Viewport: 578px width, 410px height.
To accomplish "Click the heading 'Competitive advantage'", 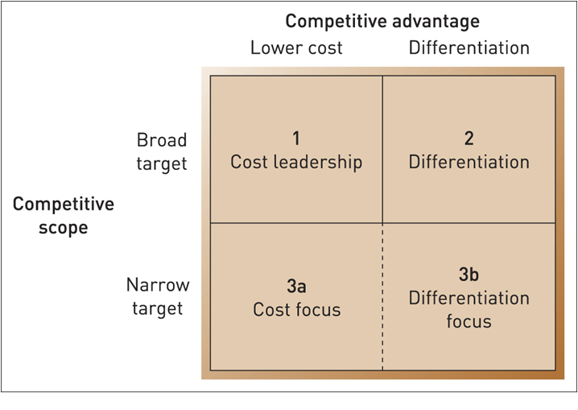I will pos(382,21).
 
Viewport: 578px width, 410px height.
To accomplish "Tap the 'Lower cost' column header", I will pos(296,48).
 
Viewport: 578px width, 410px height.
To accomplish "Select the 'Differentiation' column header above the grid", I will pos(469,48).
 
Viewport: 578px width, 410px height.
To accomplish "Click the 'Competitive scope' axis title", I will pos(64,216).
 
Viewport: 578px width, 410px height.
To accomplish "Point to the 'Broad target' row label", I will pos(161,151).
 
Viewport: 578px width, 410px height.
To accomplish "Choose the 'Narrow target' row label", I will pos(158,296).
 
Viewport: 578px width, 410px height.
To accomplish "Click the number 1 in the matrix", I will pos(296,138).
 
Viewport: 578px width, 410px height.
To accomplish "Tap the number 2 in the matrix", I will pos(469,138).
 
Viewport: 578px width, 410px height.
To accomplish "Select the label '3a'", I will pos(296,286).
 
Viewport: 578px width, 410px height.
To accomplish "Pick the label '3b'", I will pos(469,275).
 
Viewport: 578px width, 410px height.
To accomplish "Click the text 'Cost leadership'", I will pos(296,162).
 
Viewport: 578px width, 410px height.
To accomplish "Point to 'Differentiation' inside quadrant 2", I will pos(469,162).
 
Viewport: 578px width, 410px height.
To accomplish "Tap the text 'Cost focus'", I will pos(296,309).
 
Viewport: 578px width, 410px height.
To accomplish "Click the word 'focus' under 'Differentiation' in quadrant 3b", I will pos(469,321).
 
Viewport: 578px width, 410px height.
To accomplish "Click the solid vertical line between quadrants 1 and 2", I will pos(382,149).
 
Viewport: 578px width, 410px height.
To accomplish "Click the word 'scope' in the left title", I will pos(64,228).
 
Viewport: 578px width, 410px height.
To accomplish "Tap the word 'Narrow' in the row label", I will pos(158,285).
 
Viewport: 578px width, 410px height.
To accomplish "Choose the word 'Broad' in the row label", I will pos(162,139).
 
